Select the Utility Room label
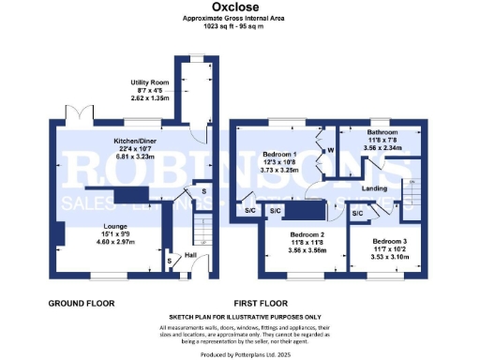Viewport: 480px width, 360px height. click(x=148, y=82)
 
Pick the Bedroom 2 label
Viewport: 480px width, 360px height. click(x=307, y=233)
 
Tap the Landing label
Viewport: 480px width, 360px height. click(x=375, y=188)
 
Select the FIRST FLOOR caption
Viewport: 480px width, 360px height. click(x=285, y=304)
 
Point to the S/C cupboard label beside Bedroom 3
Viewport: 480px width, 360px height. click(x=357, y=214)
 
